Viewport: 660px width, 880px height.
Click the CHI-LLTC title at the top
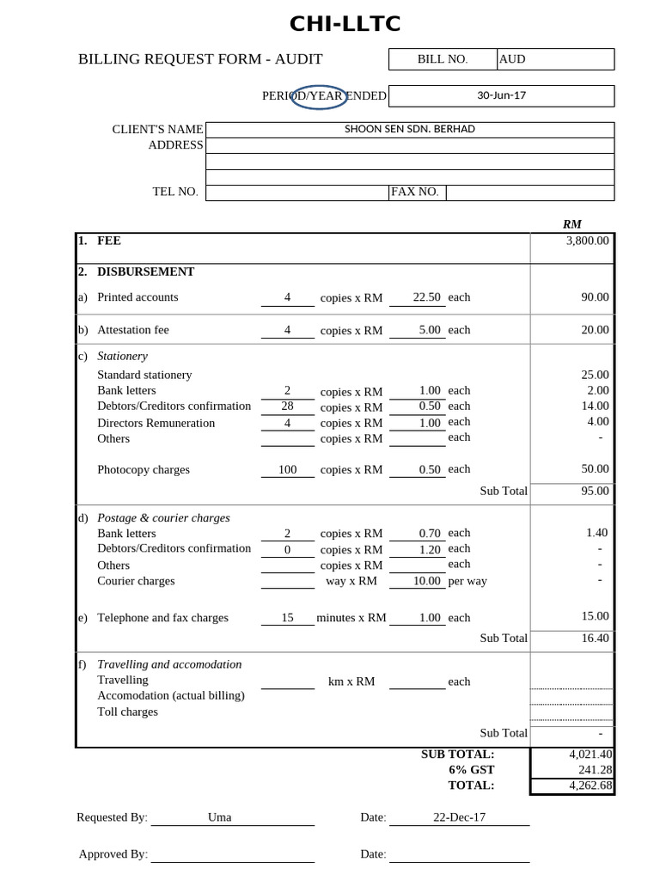pyautogui.click(x=345, y=24)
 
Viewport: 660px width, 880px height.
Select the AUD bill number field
pyautogui.click(x=512, y=59)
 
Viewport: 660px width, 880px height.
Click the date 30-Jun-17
pyautogui.click(x=501, y=95)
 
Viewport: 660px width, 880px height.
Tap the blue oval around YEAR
pyautogui.click(x=319, y=96)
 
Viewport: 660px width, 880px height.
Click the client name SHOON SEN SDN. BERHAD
pyautogui.click(x=409, y=129)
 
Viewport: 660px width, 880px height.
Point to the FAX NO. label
pyautogui.click(x=415, y=192)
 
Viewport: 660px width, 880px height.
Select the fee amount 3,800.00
pyautogui.click(x=587, y=241)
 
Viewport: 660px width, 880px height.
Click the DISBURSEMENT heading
pyautogui.click(x=145, y=272)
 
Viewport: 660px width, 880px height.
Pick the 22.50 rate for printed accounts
pyautogui.click(x=426, y=297)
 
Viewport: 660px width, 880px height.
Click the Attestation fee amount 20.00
pyautogui.click(x=594, y=330)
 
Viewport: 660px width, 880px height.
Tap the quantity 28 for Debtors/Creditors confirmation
pyautogui.click(x=288, y=406)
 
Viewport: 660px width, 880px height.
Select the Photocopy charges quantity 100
pyautogui.click(x=287, y=470)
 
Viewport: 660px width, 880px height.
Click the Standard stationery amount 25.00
pyautogui.click(x=595, y=375)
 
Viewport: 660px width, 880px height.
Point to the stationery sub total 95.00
pyautogui.click(x=595, y=491)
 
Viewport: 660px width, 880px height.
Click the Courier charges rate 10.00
pyautogui.click(x=426, y=581)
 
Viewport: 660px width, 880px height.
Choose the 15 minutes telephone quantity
pyautogui.click(x=287, y=618)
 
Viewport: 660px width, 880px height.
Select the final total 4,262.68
pyautogui.click(x=590, y=785)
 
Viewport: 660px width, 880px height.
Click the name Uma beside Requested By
pyautogui.click(x=219, y=817)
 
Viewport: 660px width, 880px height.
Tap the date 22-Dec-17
pyautogui.click(x=459, y=817)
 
